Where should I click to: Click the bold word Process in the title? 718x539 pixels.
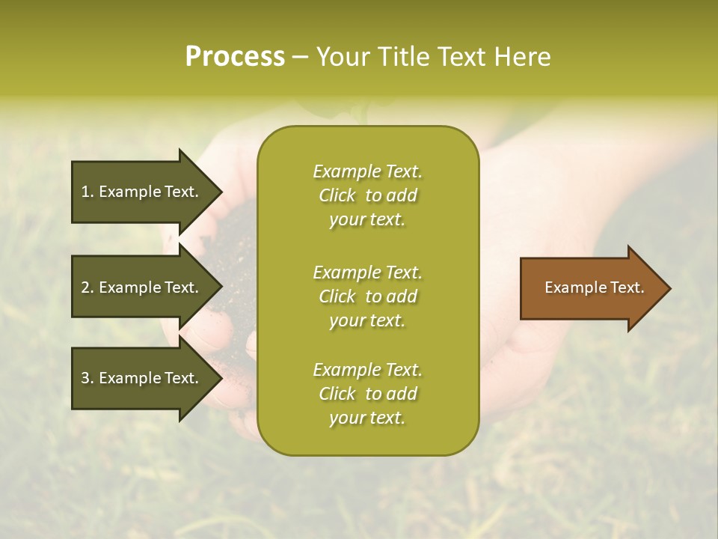pyautogui.click(x=235, y=57)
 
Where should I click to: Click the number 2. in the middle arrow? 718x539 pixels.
pyautogui.click(x=87, y=287)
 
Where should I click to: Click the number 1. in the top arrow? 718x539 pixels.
pyautogui.click(x=87, y=192)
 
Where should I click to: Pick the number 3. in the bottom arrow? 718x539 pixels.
pyautogui.click(x=87, y=378)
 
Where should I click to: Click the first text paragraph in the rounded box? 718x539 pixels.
pyautogui.click(x=367, y=195)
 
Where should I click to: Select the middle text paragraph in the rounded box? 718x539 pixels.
pyautogui.click(x=367, y=296)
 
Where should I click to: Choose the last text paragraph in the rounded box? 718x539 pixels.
pyautogui.click(x=367, y=394)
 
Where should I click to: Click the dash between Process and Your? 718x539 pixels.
pyautogui.click(x=301, y=57)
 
